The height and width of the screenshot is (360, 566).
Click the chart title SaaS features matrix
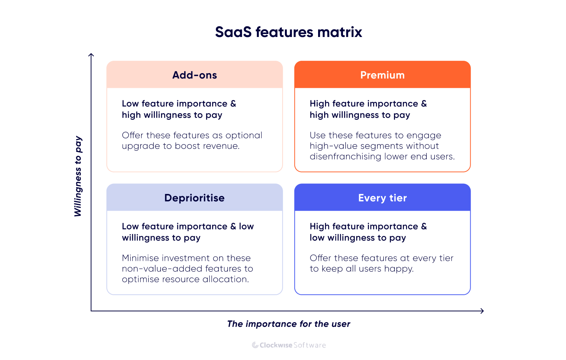[288, 32]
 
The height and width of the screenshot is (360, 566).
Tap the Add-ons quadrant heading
[195, 75]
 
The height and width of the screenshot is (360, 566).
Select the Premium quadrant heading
[382, 75]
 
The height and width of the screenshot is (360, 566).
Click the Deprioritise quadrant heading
[194, 198]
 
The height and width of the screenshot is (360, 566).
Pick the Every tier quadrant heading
[382, 198]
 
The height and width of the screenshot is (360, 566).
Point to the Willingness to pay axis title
[78, 176]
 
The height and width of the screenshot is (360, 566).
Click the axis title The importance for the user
[289, 324]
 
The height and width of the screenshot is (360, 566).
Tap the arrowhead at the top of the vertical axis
[91, 55]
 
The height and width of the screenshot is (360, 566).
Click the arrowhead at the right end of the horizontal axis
[482, 311]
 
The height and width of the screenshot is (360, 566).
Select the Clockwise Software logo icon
[255, 345]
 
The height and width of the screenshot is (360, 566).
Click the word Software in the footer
[309, 345]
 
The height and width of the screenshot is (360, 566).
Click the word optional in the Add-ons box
[243, 135]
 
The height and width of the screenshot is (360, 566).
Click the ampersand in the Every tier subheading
[424, 226]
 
